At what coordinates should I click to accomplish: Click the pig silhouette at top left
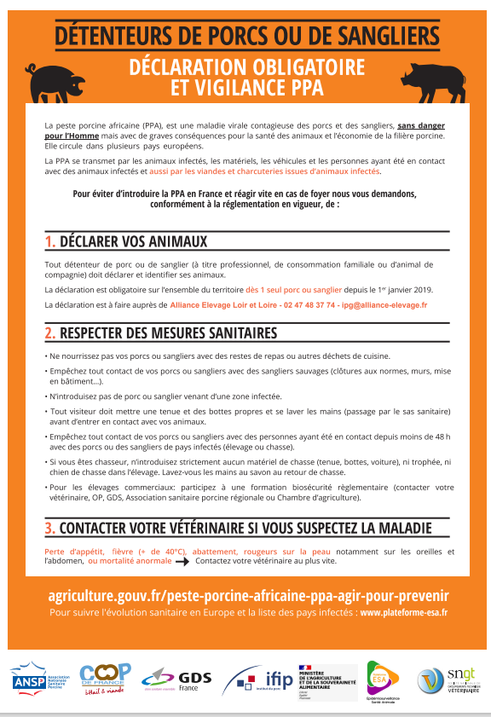pos(49,81)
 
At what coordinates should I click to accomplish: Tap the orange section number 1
pos(49,242)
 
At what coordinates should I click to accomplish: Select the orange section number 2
pos(50,332)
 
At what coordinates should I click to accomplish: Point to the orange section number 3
pos(50,528)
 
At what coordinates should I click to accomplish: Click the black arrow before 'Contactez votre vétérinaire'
pos(182,563)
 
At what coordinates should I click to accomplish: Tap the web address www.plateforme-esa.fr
pos(403,612)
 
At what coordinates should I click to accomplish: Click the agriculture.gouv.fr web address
pos(246,595)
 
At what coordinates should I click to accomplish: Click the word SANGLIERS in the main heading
pos(384,37)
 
